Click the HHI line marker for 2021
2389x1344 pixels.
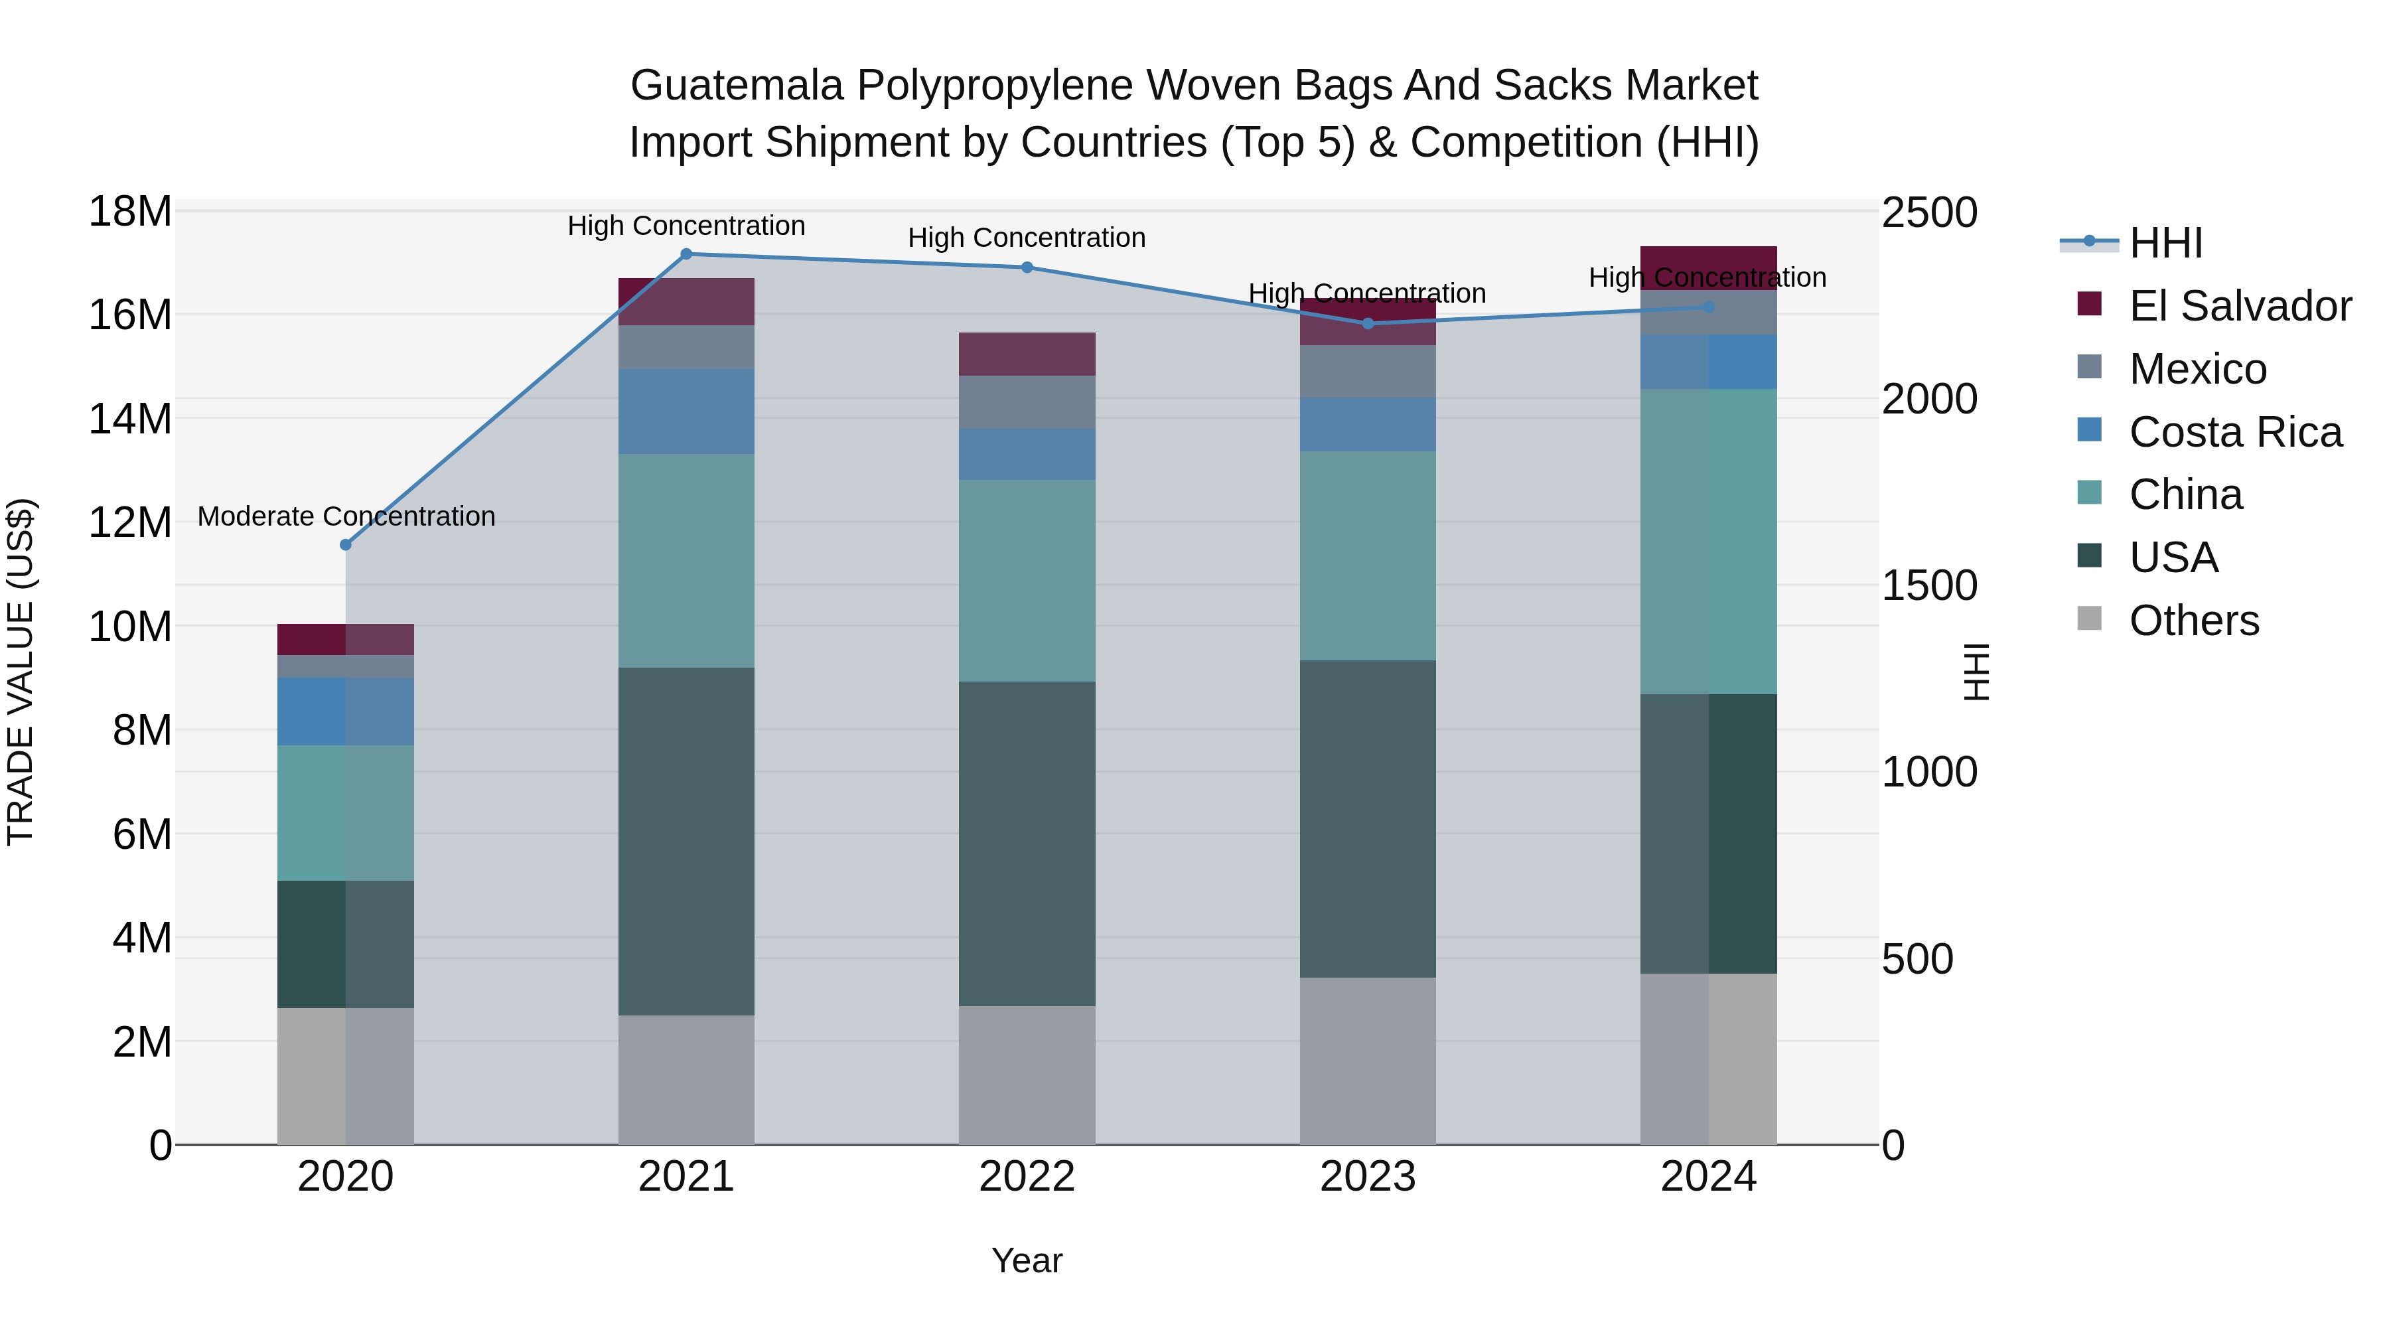[686, 254]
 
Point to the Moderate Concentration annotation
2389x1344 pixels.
[346, 516]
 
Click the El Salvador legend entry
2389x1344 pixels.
[2240, 306]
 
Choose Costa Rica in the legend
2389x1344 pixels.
[2235, 432]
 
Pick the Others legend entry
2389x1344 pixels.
[2193, 621]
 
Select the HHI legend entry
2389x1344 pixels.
[2165, 243]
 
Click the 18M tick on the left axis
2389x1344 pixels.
[130, 212]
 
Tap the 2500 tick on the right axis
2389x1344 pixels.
[1929, 212]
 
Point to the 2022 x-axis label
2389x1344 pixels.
[1027, 1177]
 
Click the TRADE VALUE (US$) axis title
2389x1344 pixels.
[21, 672]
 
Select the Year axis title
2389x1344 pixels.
[1027, 1260]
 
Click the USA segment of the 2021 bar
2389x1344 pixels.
[686, 842]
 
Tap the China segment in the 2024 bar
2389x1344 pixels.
[1708, 542]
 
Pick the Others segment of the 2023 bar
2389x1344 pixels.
[1368, 1061]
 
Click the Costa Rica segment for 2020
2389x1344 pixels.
[346, 711]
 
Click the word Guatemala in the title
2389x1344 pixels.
[737, 86]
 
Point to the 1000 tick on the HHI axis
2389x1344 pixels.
[1929, 773]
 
